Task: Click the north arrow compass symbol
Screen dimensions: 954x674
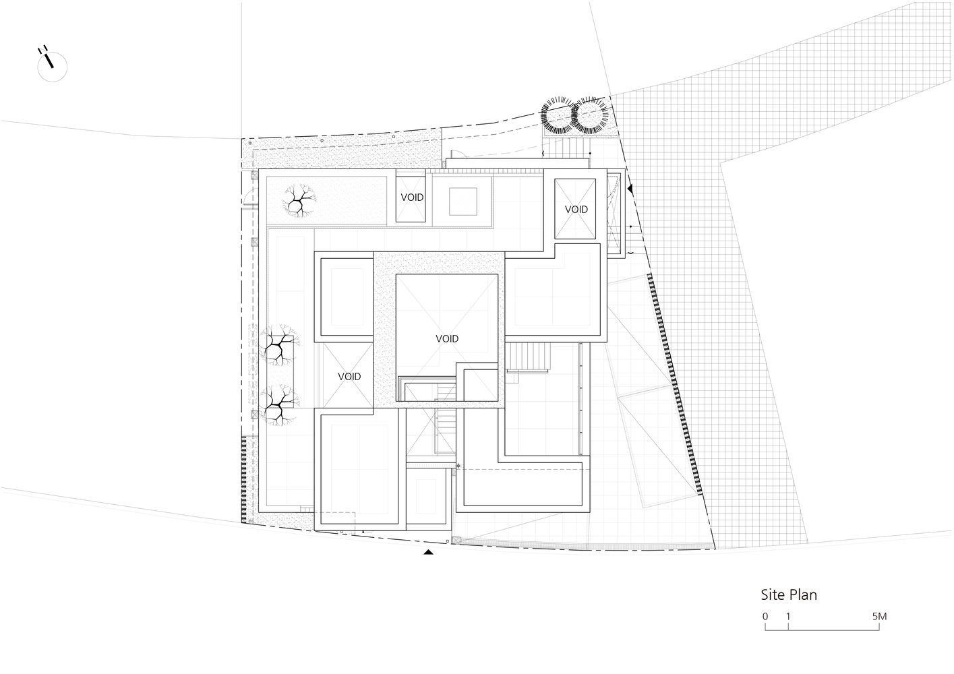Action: (52, 66)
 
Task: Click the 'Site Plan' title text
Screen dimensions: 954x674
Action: (789, 595)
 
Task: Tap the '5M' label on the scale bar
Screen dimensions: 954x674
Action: (879, 616)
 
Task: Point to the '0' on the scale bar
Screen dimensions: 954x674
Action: (765, 616)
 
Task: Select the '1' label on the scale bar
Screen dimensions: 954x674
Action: (788, 616)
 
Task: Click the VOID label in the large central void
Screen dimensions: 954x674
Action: (447, 338)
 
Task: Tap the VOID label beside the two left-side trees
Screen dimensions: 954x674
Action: (349, 376)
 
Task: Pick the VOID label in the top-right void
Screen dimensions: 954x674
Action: (576, 210)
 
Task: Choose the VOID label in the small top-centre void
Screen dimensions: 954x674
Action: (412, 197)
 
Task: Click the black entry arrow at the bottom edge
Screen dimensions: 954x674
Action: (428, 552)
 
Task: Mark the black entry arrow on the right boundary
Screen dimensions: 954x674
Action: (630, 189)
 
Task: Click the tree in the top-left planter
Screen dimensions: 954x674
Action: (299, 201)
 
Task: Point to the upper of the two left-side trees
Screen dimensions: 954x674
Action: (279, 345)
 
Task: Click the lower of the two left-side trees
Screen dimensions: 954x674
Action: (277, 405)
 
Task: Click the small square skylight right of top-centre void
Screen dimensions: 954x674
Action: (463, 202)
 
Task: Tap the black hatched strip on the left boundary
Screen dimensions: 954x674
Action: (244, 479)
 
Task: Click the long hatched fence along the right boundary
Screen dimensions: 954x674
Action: (674, 384)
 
